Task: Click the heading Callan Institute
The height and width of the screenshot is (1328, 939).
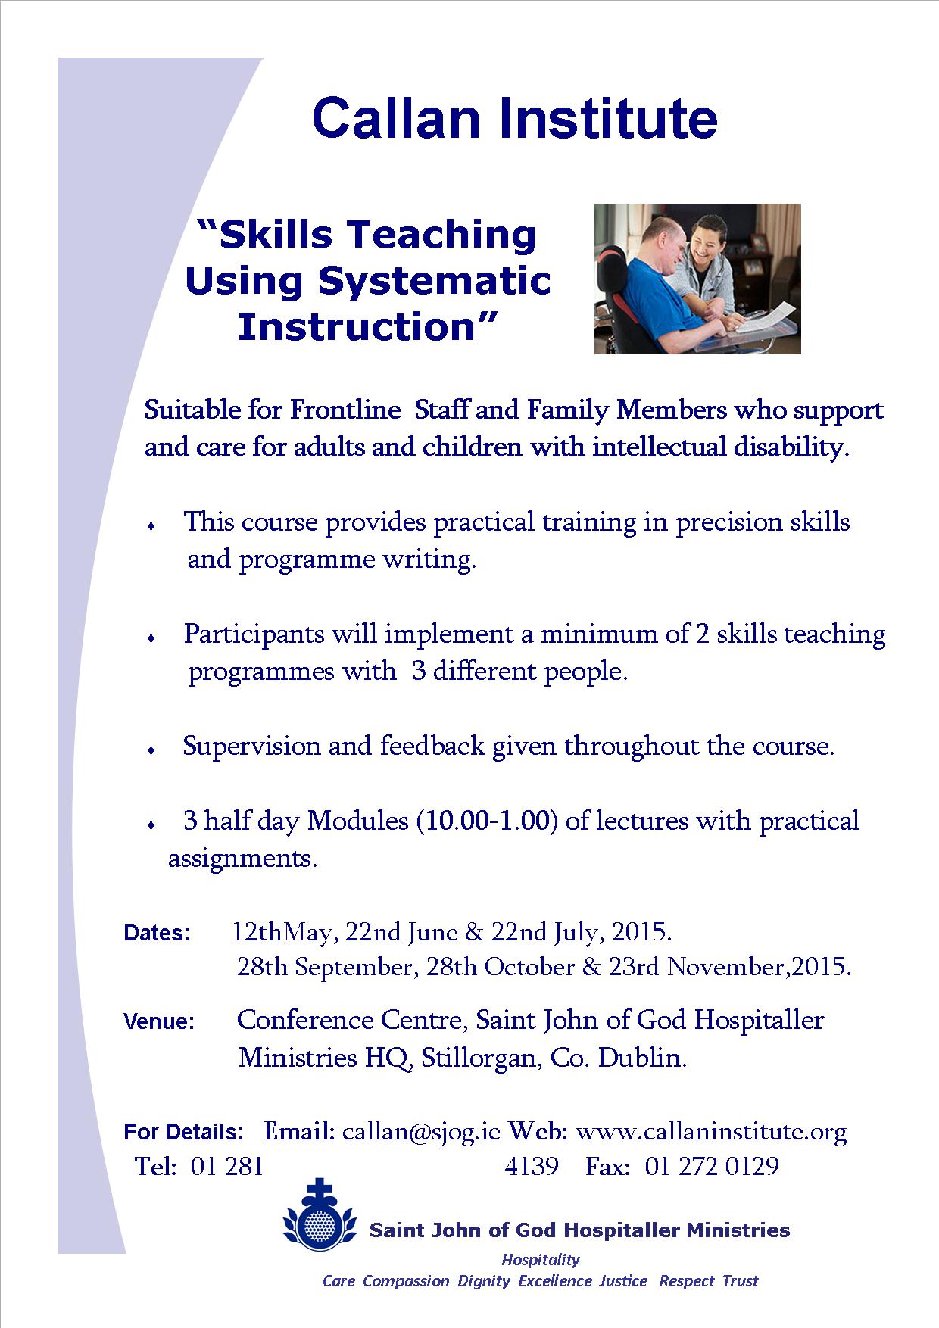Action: pos(514,118)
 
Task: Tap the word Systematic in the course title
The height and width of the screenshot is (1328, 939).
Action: pos(434,281)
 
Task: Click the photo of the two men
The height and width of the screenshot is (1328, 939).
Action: pos(697,279)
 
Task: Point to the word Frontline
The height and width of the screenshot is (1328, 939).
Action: pos(345,410)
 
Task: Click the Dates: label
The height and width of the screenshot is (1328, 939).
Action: pos(157,933)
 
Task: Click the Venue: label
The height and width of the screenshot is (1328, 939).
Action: pos(159,1021)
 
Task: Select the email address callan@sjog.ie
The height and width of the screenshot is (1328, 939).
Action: pos(421,1132)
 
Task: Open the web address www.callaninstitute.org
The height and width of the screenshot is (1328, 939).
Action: pos(711,1132)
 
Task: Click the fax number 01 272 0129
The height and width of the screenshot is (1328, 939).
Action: pos(712,1166)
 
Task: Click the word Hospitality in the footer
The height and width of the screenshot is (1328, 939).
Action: pos(541,1260)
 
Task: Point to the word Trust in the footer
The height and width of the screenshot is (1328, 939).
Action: pos(740,1281)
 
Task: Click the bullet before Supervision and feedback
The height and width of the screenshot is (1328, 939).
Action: pos(152,750)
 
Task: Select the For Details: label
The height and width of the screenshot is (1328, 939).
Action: pos(184,1133)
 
